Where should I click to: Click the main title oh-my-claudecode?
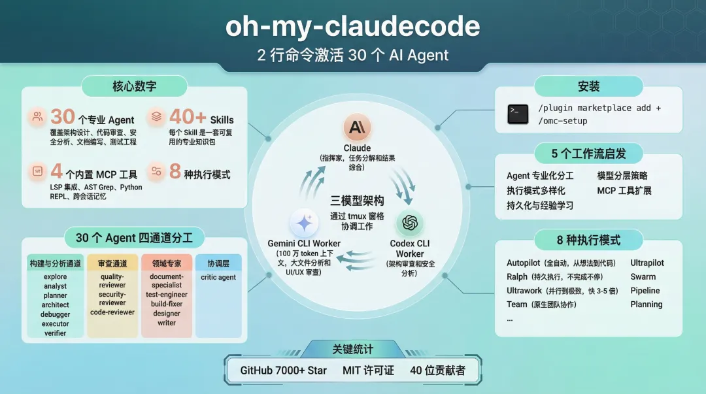point(353,27)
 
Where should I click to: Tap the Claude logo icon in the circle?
point(357,127)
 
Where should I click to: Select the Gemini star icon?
point(304,224)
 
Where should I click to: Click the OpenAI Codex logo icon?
point(410,223)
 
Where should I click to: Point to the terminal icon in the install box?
point(518,114)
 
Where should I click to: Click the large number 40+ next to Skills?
point(188,117)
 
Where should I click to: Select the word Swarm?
point(643,276)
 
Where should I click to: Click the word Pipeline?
point(645,290)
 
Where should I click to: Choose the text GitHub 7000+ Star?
point(283,370)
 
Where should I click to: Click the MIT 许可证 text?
point(368,370)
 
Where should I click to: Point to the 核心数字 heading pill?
point(134,86)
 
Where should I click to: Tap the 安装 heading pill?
point(588,86)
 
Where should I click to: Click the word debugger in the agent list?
point(56,314)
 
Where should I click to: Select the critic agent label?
point(218,277)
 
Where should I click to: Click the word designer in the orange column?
point(167,313)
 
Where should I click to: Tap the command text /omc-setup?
point(563,121)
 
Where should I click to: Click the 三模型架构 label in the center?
point(356,201)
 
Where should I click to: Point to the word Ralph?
point(517,276)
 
